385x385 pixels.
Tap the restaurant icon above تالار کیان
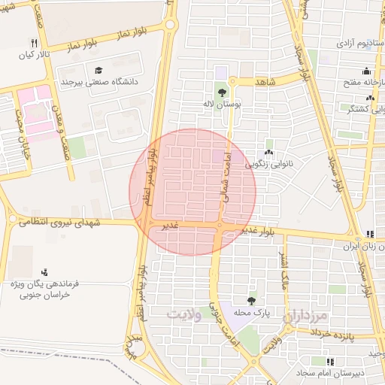pos(34,43)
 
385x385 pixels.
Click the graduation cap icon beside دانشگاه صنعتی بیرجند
pos(99,70)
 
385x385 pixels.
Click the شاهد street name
pos(265,80)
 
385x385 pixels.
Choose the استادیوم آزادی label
pos(344,44)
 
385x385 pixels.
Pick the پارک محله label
pos(251,311)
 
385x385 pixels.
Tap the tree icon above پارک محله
pos(251,300)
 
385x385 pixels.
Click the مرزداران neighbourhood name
pos(308,317)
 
